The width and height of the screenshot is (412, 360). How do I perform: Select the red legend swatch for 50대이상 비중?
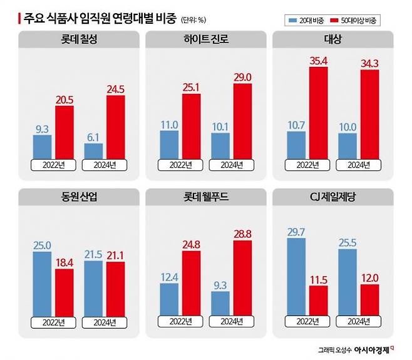[337, 19]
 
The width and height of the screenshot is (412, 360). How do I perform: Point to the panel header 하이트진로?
[205, 41]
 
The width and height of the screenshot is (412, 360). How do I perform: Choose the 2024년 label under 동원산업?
[103, 321]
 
